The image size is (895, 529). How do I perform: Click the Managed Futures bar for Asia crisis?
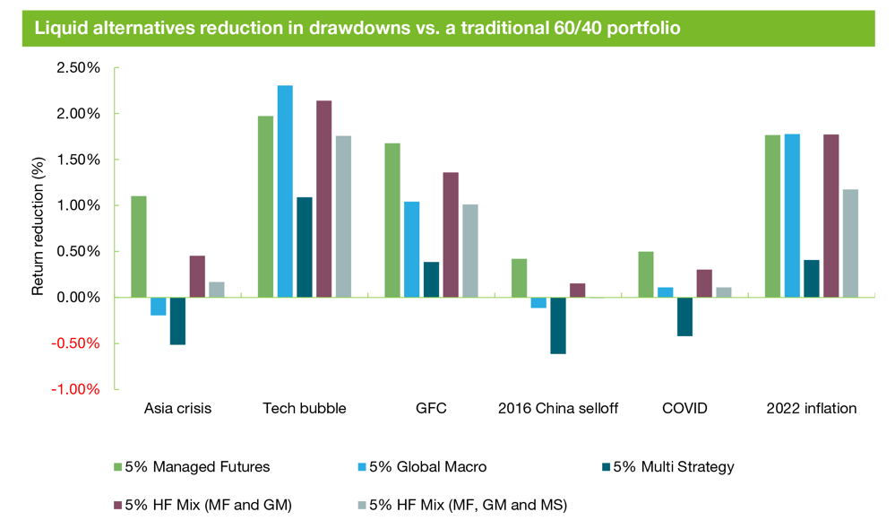[139, 247]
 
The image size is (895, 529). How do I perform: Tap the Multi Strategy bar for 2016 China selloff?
[557, 325]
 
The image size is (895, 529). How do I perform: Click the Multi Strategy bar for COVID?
[684, 317]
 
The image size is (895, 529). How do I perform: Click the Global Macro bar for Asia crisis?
[158, 307]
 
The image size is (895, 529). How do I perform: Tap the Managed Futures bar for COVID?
[646, 274]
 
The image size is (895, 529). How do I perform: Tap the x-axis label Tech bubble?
[304, 409]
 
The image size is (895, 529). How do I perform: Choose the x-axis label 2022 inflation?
[812, 409]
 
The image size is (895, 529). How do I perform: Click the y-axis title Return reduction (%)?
[39, 228]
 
